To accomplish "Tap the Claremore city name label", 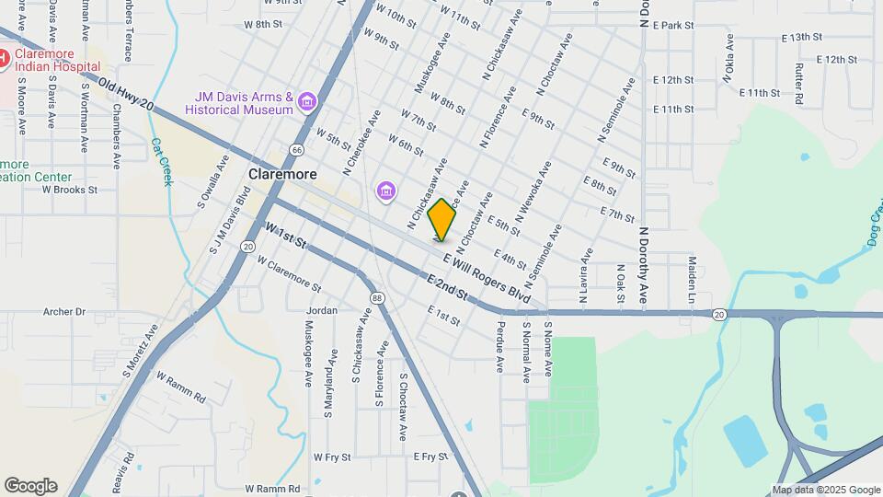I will click(282, 174).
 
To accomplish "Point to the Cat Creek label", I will click(162, 162).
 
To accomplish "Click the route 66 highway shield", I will click(296, 149).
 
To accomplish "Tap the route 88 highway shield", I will click(377, 297).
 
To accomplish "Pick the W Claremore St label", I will click(289, 274).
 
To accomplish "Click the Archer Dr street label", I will click(64, 312).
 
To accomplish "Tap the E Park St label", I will click(672, 26).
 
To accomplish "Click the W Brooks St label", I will click(70, 190).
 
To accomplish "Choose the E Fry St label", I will click(430, 457).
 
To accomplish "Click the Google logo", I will click(30, 486).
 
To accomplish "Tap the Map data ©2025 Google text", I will click(825, 490).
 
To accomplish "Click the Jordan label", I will click(323, 310).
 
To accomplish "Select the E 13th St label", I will click(800, 38).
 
